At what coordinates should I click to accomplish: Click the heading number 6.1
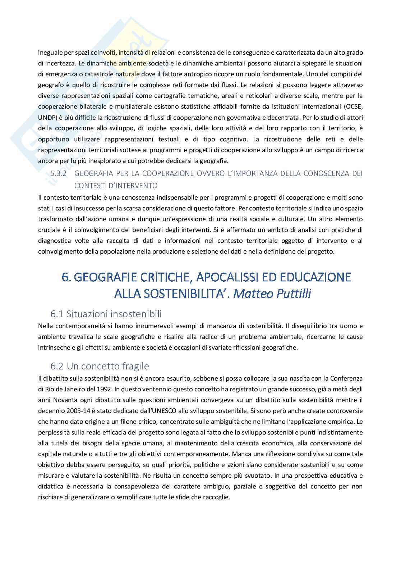57,314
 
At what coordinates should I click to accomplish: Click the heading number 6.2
57,366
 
